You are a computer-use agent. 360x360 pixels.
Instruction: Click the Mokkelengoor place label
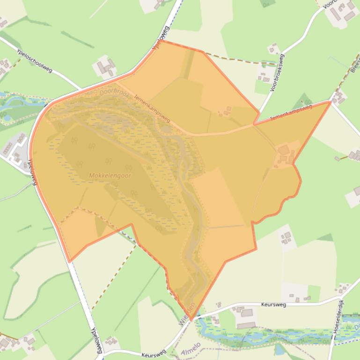click(x=110, y=176)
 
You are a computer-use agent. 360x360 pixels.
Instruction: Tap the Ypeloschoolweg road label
click(x=34, y=61)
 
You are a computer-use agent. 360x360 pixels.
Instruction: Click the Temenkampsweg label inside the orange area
click(x=152, y=109)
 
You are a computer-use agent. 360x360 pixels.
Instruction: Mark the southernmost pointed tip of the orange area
click(x=191, y=321)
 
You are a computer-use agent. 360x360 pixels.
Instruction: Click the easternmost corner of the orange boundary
click(x=330, y=101)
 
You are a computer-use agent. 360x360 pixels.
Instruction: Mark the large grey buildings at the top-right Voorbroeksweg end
click(x=344, y=12)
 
